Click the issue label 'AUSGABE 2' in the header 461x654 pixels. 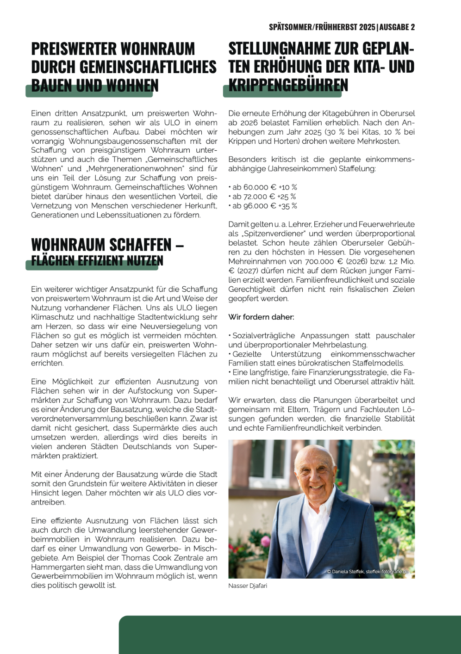click(x=397, y=27)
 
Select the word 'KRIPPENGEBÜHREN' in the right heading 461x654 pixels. click(x=288, y=85)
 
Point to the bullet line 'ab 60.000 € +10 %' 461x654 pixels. click(x=264, y=187)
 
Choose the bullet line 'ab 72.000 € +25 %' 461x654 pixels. click(x=264, y=197)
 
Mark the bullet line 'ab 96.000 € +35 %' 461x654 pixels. click(x=264, y=206)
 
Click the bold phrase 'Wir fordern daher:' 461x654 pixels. click(x=261, y=317)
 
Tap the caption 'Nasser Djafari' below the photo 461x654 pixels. click(x=248, y=586)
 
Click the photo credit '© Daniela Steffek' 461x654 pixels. click(x=345, y=572)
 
